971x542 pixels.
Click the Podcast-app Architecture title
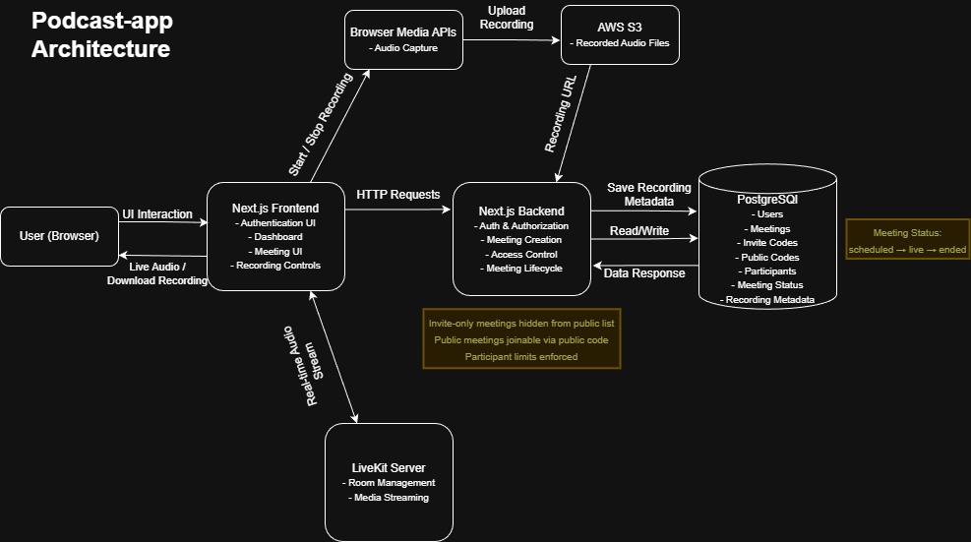(100, 35)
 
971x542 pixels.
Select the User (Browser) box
(59, 236)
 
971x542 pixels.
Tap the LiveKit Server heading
(389, 467)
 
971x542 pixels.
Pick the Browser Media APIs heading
(403, 32)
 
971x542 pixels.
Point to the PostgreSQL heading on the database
(767, 199)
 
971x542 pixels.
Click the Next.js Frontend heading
(275, 208)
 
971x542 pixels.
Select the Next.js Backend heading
(521, 211)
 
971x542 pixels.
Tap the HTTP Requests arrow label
(397, 195)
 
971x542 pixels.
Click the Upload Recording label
(511, 17)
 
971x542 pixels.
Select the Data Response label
(644, 273)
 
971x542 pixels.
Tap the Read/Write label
(638, 231)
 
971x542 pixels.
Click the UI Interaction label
(157, 214)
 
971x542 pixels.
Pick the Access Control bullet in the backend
(521, 254)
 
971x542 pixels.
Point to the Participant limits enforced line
(521, 356)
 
